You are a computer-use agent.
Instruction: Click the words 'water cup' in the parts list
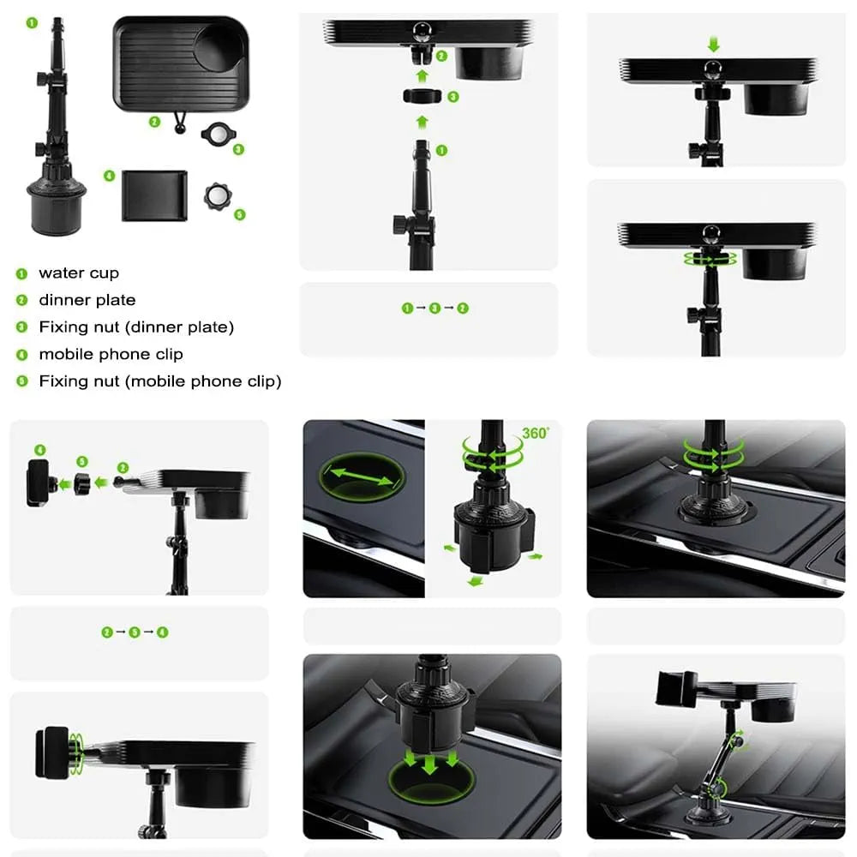click(79, 273)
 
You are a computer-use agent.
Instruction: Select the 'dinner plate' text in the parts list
click(87, 300)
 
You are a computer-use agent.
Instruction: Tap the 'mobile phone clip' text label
click(111, 354)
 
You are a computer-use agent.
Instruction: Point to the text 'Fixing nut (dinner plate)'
click(136, 327)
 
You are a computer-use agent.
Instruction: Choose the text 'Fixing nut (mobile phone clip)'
click(160, 381)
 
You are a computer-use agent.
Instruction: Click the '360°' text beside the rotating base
click(535, 434)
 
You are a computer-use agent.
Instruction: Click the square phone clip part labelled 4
click(154, 195)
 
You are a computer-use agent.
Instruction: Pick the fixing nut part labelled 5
click(218, 196)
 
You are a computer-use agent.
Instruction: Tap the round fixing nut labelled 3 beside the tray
click(219, 134)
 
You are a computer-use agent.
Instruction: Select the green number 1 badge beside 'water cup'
click(22, 274)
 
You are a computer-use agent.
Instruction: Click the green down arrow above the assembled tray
click(713, 45)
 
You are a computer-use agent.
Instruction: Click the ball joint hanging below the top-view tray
click(180, 126)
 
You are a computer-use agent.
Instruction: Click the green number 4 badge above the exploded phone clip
click(40, 450)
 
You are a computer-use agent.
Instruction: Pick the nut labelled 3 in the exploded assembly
click(422, 96)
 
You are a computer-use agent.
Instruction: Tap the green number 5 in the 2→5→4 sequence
click(135, 632)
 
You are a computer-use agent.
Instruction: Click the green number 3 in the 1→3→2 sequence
click(435, 309)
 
